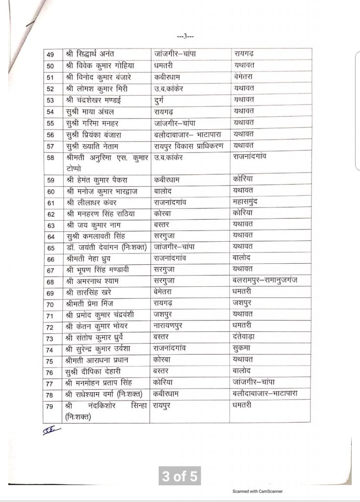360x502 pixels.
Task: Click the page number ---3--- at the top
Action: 186,36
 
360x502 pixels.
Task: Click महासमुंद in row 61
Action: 250,201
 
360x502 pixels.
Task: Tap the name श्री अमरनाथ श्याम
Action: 95,281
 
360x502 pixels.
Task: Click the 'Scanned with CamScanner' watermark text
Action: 257,491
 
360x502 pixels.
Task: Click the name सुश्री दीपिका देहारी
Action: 93,372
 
